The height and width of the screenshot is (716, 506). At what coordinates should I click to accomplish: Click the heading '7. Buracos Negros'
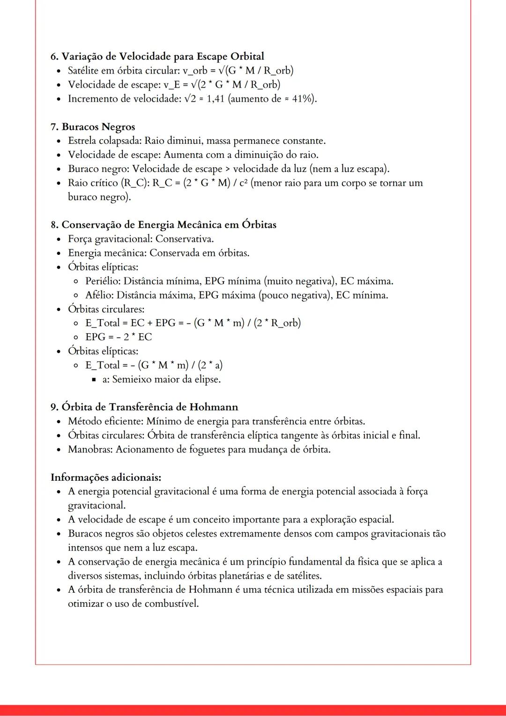(x=93, y=127)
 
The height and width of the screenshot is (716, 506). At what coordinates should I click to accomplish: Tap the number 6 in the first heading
(x=53, y=57)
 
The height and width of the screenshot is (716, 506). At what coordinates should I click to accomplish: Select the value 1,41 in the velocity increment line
(x=216, y=99)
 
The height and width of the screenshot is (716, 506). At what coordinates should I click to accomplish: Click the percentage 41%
(x=303, y=99)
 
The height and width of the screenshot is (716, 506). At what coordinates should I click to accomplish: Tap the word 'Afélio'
(x=98, y=295)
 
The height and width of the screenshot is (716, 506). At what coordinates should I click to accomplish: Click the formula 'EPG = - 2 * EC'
(x=119, y=337)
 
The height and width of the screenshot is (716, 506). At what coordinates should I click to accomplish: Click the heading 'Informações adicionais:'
(x=106, y=477)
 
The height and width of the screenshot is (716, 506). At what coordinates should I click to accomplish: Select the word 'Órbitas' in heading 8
(x=259, y=225)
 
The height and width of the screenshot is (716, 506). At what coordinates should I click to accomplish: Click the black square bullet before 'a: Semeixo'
(x=94, y=379)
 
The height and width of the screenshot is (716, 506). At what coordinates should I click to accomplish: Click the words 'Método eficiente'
(x=106, y=421)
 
